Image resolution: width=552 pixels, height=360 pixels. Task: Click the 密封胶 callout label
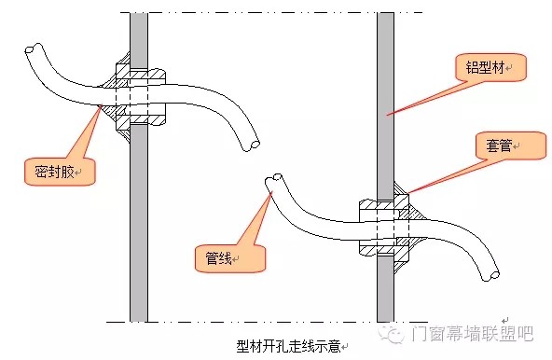point(54,172)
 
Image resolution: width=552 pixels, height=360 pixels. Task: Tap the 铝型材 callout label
point(486,67)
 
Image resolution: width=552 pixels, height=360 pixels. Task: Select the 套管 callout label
point(499,145)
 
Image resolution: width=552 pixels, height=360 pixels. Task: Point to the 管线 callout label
point(218,258)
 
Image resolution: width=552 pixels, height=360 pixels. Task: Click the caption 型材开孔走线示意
point(288,346)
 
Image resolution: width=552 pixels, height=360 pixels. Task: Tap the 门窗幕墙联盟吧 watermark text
point(472,333)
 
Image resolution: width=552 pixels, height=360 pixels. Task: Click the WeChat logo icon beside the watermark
point(391,333)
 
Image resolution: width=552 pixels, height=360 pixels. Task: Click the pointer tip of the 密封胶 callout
point(102,105)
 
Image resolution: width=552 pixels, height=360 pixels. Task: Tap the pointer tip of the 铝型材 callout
point(387,114)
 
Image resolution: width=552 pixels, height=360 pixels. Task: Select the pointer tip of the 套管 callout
point(407,193)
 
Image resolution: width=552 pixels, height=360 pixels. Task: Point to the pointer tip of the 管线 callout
point(271,192)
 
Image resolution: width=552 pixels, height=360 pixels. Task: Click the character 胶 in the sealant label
point(67,172)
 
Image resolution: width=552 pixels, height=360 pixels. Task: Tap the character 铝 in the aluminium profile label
point(473,67)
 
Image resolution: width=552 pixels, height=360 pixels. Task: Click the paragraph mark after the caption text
point(345,347)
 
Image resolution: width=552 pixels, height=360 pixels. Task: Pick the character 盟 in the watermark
point(507,333)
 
